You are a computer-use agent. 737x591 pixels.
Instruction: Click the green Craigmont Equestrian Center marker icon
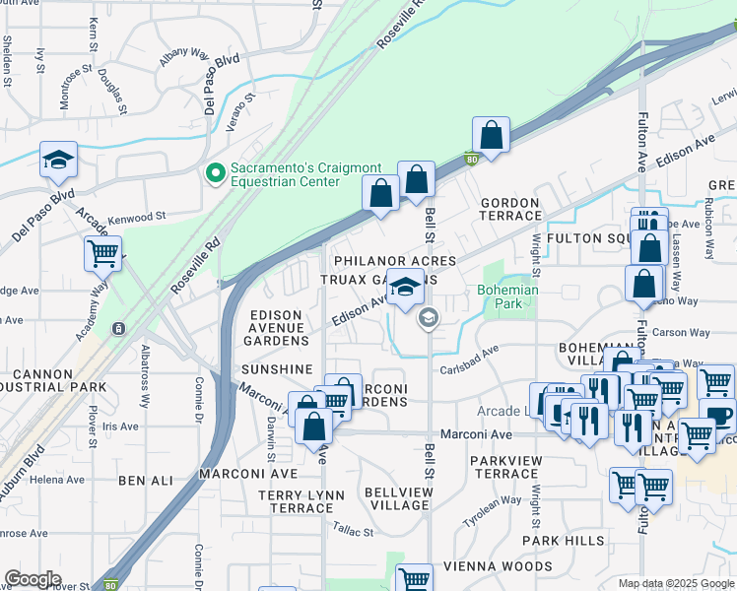(214, 173)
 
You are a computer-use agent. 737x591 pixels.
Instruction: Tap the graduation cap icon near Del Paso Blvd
(58, 160)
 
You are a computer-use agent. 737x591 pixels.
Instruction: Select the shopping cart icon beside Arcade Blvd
(102, 253)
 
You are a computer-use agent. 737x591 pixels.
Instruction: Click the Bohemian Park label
(507, 297)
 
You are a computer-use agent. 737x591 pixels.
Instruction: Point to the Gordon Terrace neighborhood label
(509, 209)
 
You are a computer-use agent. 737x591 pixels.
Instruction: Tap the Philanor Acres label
(394, 261)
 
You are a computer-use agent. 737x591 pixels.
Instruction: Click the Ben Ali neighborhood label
(145, 481)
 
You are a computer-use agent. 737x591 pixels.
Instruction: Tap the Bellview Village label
(397, 497)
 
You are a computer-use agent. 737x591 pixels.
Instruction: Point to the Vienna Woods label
(498, 566)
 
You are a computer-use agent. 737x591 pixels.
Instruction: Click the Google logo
(33, 579)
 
